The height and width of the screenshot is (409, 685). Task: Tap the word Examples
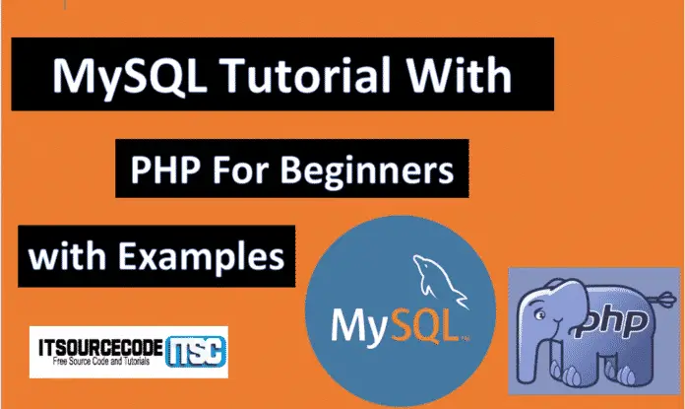pos(203,257)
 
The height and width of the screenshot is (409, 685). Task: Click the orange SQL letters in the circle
pos(423,324)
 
